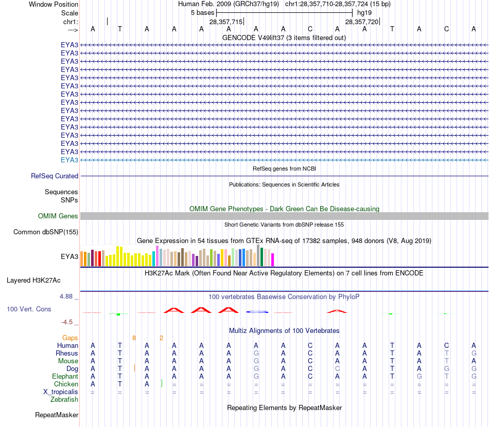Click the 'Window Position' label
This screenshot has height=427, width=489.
click(x=54, y=4)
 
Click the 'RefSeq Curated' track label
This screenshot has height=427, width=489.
click(x=55, y=176)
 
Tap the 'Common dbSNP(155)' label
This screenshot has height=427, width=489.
click(x=46, y=232)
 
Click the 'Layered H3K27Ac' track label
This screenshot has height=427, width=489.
click(x=33, y=281)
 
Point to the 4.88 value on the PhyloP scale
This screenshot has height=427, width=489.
click(x=69, y=296)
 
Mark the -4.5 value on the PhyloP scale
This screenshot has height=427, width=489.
click(x=70, y=322)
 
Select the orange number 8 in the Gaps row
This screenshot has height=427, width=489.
click(x=134, y=338)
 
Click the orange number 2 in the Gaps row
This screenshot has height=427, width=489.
click(x=161, y=338)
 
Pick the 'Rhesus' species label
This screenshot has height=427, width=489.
click(x=67, y=354)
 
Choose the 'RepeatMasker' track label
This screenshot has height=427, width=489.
click(x=57, y=415)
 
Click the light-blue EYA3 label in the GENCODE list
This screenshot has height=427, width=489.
click(x=69, y=160)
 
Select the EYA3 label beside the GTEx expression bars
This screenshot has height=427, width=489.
click(x=69, y=256)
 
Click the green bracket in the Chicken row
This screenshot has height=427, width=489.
click(x=162, y=383)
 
